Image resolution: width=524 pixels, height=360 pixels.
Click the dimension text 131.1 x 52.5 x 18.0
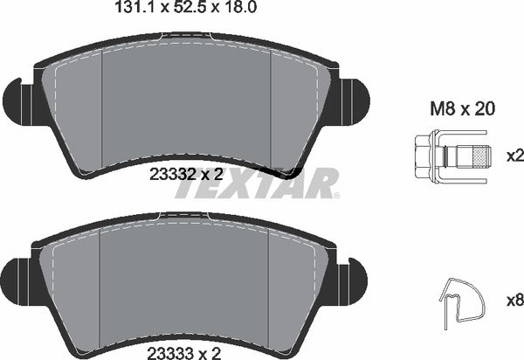(x=185, y=7)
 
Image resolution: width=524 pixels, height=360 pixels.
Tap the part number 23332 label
(x=172, y=174)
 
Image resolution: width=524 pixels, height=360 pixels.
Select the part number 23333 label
(x=170, y=353)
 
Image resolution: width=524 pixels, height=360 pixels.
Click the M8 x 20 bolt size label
(x=462, y=109)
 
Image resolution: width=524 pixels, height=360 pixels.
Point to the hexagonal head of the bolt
(x=423, y=156)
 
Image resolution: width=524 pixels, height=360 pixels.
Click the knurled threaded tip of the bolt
(x=481, y=156)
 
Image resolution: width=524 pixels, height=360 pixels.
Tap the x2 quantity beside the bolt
(x=515, y=156)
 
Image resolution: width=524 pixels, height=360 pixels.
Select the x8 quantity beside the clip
(x=515, y=301)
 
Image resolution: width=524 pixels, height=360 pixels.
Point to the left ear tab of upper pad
(x=17, y=100)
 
